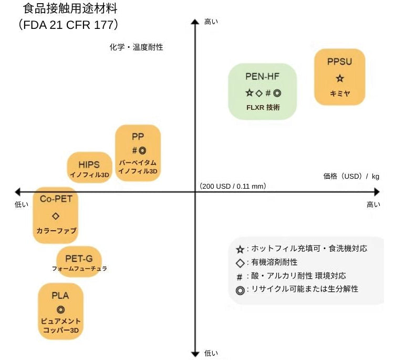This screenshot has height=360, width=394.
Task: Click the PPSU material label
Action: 339,61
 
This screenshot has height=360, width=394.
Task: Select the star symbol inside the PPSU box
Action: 339,78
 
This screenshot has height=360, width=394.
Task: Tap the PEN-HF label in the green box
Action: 262,76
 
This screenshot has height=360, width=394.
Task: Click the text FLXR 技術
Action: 263,107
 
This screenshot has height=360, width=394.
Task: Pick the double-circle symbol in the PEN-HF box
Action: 277,93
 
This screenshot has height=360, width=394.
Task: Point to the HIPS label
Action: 89,164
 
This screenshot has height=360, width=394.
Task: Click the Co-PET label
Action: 56,199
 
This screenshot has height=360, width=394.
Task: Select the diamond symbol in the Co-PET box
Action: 56,215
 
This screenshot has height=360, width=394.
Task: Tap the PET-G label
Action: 79,258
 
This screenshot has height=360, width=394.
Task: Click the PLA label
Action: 60,295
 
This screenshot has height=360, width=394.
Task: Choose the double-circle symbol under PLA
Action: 60,310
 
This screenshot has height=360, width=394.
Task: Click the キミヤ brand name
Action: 339,94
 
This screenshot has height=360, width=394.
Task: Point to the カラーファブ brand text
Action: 56,231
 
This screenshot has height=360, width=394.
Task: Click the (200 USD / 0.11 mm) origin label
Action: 233,186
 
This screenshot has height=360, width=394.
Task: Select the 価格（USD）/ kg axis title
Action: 351,176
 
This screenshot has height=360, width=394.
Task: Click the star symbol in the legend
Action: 240,249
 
